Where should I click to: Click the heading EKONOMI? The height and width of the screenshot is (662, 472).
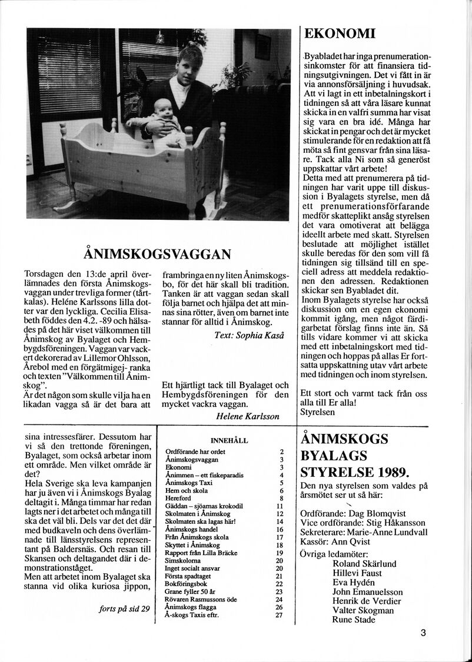[x=341, y=34]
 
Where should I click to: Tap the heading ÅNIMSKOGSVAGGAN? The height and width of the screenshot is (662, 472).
[x=158, y=254]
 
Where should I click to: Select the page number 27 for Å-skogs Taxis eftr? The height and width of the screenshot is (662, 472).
[x=280, y=615]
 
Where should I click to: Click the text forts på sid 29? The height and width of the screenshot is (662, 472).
[x=125, y=608]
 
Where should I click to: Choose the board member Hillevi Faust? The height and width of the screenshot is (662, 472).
[x=357, y=573]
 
